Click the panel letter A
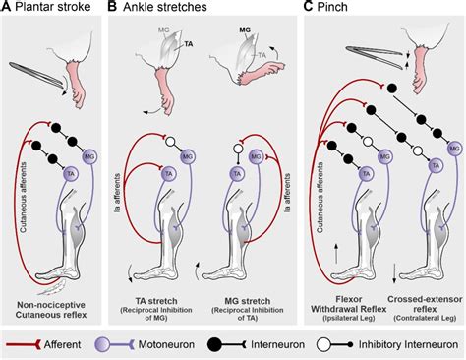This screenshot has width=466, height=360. [x=7, y=9]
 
